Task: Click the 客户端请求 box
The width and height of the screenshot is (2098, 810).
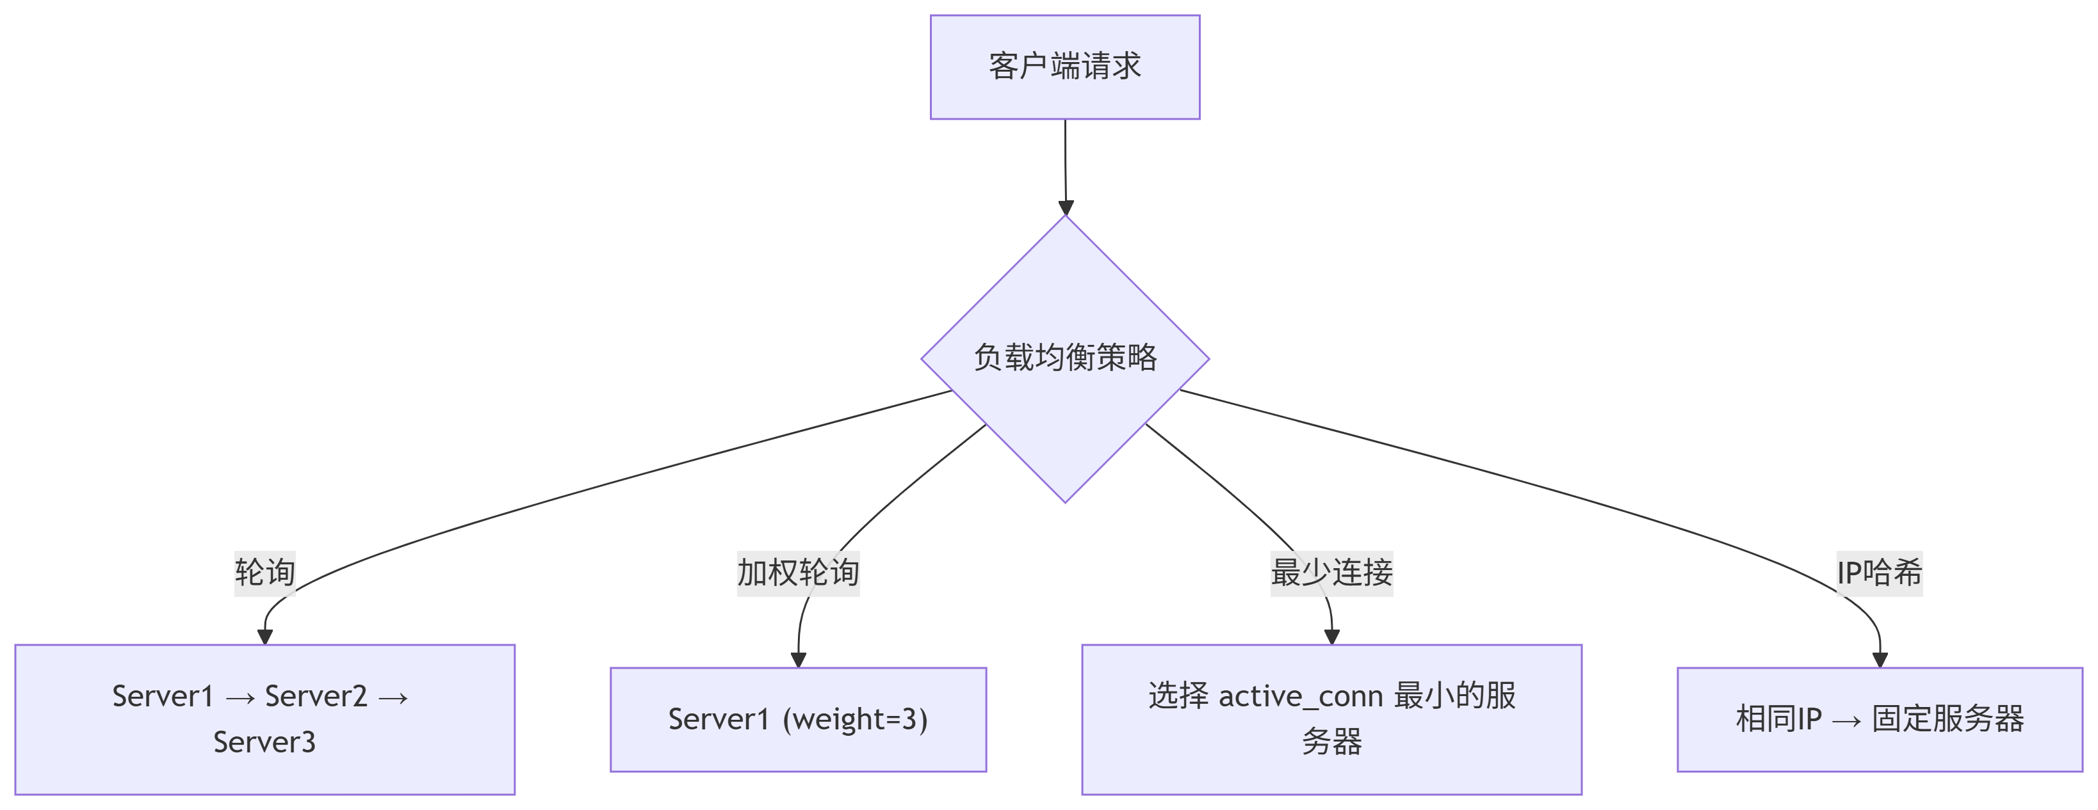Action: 1064,67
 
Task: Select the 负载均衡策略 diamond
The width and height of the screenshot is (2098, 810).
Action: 1064,358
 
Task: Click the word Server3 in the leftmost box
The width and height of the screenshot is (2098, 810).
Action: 264,742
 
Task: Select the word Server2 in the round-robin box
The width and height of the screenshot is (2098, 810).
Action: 316,696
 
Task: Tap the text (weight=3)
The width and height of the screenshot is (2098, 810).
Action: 854,720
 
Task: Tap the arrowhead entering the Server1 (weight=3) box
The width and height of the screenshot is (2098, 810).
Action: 798,660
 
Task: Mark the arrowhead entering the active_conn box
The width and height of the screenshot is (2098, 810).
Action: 1331,637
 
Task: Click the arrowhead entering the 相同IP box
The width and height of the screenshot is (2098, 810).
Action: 1880,660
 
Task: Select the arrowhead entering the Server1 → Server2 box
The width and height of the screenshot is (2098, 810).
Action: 264,637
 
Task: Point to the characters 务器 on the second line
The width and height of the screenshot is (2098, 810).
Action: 1331,742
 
